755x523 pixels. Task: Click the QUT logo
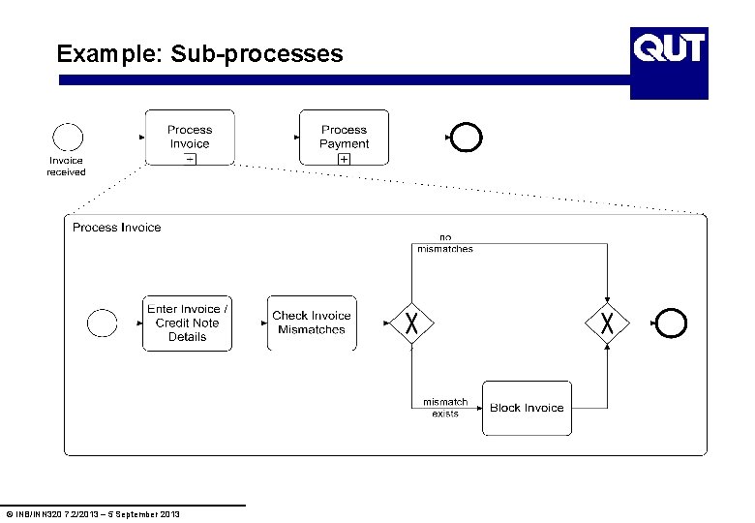tap(669, 47)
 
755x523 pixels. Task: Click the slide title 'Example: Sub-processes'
tap(199, 53)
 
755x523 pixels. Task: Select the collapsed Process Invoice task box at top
tap(190, 137)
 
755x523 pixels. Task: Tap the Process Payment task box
tap(344, 137)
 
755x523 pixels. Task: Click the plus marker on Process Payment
tap(344, 158)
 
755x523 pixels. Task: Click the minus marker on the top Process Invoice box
tap(190, 158)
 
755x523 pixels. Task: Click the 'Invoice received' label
tap(66, 167)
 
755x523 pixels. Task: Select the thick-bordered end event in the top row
tap(466, 138)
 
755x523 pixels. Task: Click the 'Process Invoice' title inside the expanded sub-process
tap(117, 228)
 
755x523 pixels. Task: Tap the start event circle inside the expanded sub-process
tap(102, 323)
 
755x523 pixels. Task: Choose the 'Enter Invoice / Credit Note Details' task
tap(188, 323)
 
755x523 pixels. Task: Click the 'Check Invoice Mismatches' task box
tap(312, 323)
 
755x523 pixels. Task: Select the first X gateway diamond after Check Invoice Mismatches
tap(411, 323)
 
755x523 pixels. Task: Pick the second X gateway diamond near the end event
tap(607, 323)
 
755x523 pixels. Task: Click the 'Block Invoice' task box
tap(527, 408)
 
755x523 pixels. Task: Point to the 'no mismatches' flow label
tap(445, 243)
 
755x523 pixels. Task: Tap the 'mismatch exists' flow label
tap(445, 408)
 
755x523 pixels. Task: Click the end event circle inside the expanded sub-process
tap(671, 323)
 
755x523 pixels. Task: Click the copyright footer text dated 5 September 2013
tap(93, 513)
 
